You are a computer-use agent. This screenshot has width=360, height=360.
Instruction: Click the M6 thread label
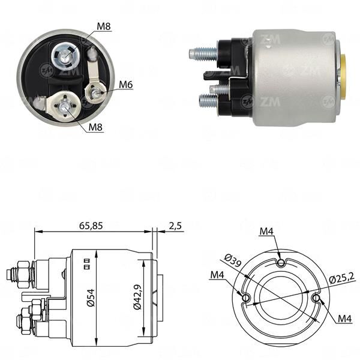point(125,85)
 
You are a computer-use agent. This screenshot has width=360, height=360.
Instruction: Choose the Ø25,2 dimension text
point(342,277)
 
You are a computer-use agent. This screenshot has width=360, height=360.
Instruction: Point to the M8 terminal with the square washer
point(64,107)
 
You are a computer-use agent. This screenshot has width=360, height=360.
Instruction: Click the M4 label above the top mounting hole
point(268,231)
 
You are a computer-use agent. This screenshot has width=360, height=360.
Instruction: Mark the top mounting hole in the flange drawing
point(281,262)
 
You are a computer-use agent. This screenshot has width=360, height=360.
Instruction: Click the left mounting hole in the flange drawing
point(245,296)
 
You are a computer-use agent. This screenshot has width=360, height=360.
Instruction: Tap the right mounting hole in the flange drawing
point(316,296)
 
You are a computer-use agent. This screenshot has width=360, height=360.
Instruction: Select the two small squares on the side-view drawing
point(87,263)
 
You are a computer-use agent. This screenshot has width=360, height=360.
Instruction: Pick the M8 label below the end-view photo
point(95,127)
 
